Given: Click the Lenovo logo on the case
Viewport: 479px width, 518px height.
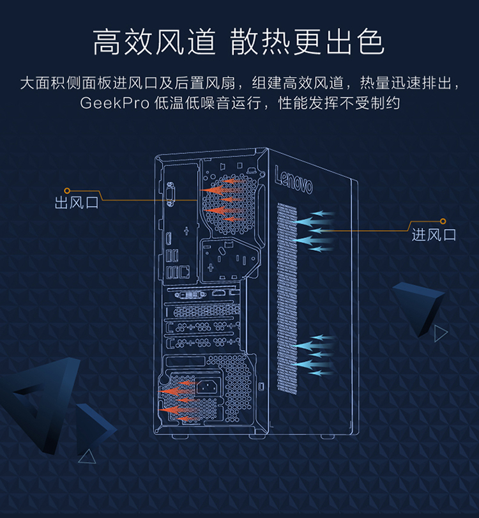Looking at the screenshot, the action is (293, 180).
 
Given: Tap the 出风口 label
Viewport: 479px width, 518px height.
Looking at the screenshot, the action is (77, 202).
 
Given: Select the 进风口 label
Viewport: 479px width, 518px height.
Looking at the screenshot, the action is (434, 235).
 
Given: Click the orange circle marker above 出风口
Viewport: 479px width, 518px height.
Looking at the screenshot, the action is (67, 190).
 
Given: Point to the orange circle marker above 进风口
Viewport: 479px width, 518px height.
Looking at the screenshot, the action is (443, 222).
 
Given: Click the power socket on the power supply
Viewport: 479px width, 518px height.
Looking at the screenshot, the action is (207, 386).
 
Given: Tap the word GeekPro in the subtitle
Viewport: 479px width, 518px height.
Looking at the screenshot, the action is (114, 103).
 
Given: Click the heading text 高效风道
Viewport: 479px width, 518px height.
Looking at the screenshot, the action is (155, 42).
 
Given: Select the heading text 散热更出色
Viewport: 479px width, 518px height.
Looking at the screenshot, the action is (307, 42).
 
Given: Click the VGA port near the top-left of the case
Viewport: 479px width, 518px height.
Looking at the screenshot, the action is (171, 195).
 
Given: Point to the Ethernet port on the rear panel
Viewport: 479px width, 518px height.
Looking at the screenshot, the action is (185, 271).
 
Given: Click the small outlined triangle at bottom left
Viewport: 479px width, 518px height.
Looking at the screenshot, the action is (87, 457).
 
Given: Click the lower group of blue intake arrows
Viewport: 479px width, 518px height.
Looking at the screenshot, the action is (313, 355).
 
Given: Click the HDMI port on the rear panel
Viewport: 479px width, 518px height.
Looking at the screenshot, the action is (168, 239).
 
